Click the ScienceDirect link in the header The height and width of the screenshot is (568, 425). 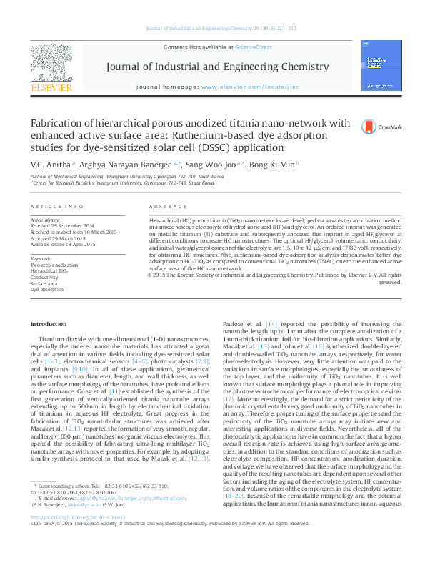(254, 47)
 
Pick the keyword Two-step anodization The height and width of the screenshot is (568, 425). (54, 265)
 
